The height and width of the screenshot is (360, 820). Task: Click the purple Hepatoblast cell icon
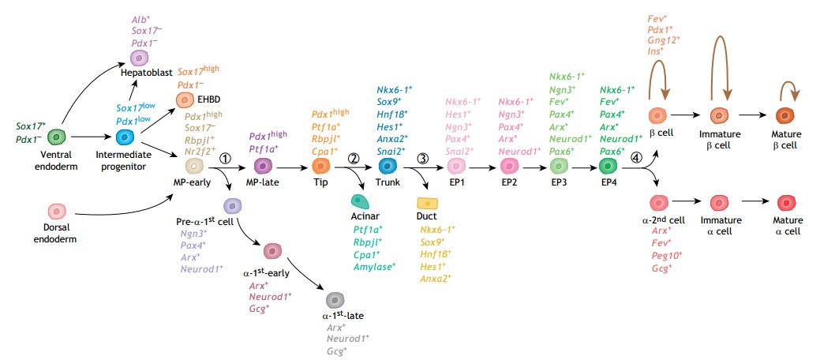(x=139, y=58)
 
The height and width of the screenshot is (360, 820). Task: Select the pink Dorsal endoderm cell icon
(x=57, y=211)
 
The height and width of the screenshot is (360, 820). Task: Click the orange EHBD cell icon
(x=185, y=100)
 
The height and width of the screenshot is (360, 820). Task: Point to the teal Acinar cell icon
(x=360, y=200)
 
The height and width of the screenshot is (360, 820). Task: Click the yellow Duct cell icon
(x=428, y=204)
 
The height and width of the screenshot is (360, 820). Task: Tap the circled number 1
(x=225, y=158)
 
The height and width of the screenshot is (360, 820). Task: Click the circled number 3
(x=423, y=158)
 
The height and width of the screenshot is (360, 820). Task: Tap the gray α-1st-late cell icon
(x=335, y=300)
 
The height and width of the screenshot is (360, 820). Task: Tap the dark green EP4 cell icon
(x=608, y=166)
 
